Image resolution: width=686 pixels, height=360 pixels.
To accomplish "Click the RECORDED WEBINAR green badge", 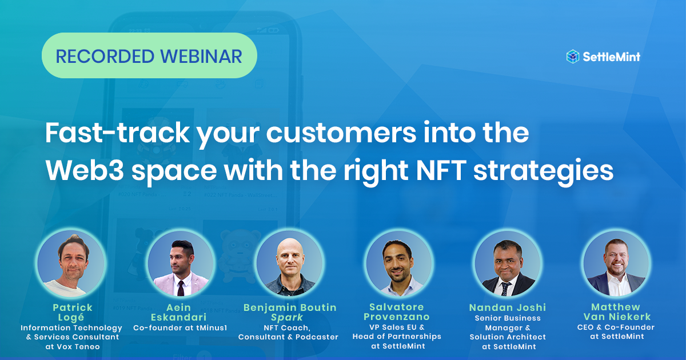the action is [x=149, y=55].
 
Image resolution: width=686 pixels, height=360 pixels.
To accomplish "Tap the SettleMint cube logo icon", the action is [x=572, y=57].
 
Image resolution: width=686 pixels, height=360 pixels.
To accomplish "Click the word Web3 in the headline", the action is [x=85, y=170].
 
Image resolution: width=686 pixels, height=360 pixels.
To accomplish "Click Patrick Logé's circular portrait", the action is [x=71, y=263].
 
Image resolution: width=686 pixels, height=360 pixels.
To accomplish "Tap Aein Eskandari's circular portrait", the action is [x=181, y=263].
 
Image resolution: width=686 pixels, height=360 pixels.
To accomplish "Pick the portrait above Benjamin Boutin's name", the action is [x=289, y=263].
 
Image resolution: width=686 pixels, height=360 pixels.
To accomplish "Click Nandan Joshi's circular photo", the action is [x=508, y=263].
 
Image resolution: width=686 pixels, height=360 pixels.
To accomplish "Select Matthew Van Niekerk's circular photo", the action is [x=616, y=263].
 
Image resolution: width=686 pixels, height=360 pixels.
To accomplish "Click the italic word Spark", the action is [x=287, y=318].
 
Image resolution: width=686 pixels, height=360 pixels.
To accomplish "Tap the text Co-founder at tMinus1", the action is [x=180, y=328].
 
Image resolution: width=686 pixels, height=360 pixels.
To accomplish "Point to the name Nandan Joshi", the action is [x=508, y=307].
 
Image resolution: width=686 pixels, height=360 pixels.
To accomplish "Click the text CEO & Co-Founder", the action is [x=616, y=327].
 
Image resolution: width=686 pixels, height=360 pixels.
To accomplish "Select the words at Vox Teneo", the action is [x=73, y=346].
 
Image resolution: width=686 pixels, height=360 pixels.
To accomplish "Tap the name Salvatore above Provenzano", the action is [x=397, y=307].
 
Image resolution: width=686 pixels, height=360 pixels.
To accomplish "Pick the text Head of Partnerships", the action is [x=397, y=337].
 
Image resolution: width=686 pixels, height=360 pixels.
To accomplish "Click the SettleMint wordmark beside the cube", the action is [x=612, y=57].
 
